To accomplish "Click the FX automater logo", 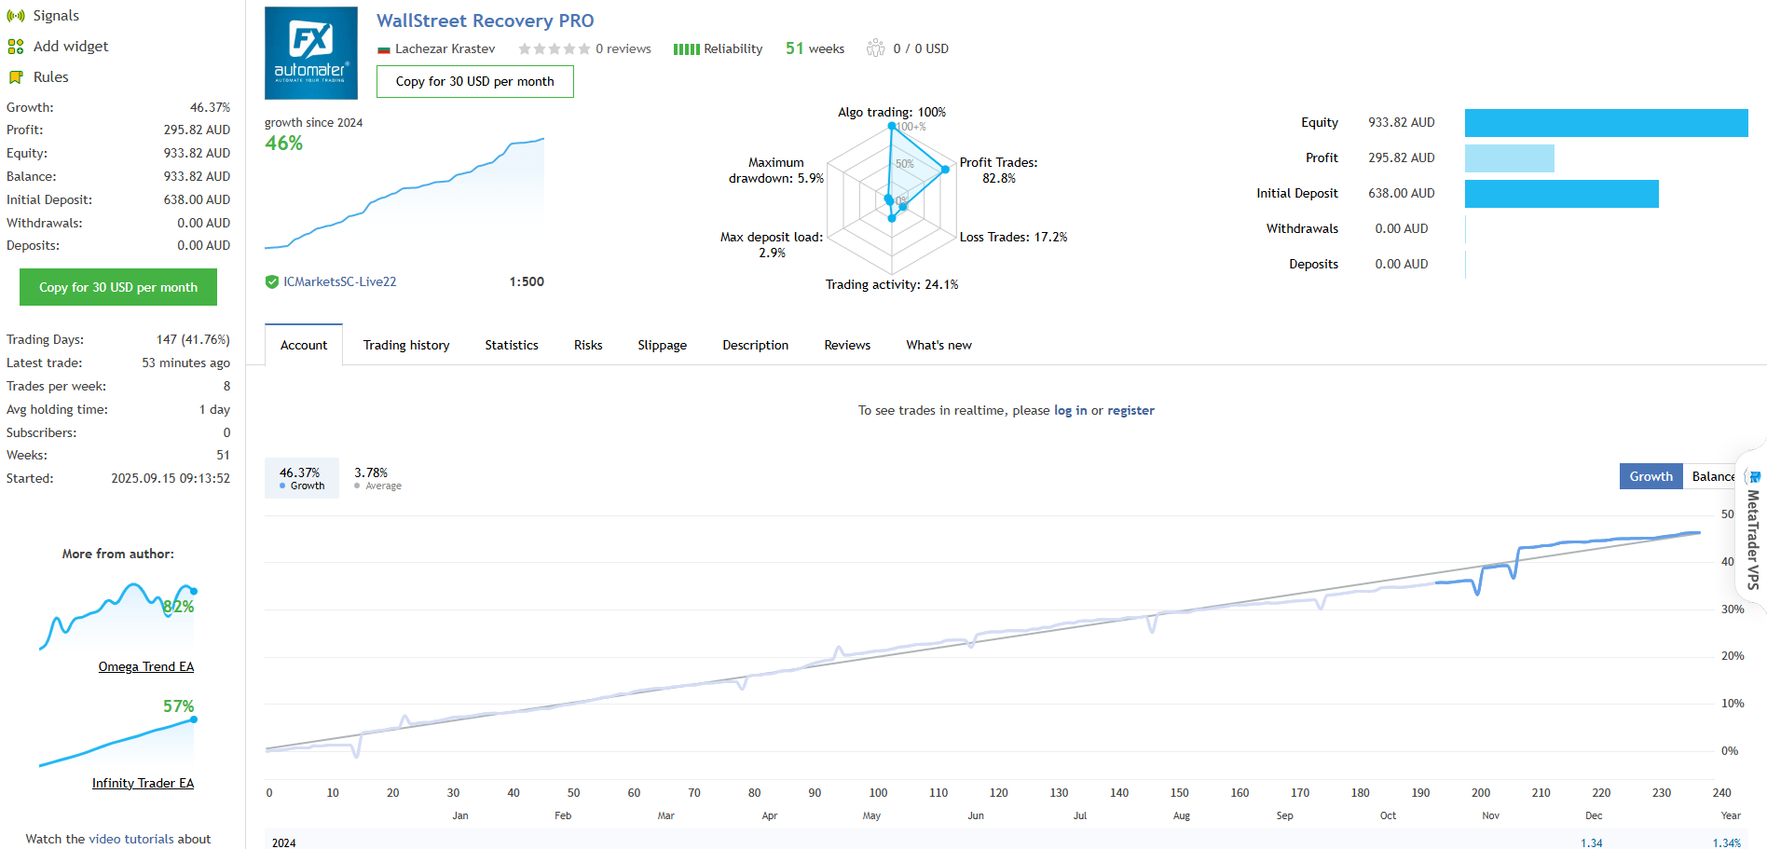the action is click(x=311, y=53).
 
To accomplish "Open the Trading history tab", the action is click(x=406, y=345).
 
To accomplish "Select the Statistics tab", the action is click(x=512, y=345).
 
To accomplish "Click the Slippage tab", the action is click(x=663, y=345).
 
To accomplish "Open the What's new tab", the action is click(x=938, y=345).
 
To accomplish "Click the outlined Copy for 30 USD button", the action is click(x=475, y=81).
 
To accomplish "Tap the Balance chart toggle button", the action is click(x=1713, y=476).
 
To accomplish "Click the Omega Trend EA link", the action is click(x=146, y=666).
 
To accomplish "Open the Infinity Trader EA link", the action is click(x=143, y=783).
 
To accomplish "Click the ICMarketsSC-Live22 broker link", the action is click(x=340, y=281).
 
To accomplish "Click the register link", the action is click(x=1130, y=410).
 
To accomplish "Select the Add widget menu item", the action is click(x=71, y=47).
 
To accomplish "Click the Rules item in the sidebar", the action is click(x=50, y=77).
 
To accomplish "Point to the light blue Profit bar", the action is click(x=1510, y=158).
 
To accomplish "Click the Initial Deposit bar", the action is click(x=1562, y=194).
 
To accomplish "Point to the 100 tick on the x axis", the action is click(x=878, y=793).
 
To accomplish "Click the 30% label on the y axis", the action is click(x=1733, y=609).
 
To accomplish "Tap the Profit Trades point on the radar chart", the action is click(x=945, y=169).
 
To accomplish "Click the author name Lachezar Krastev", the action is click(x=445, y=48).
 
